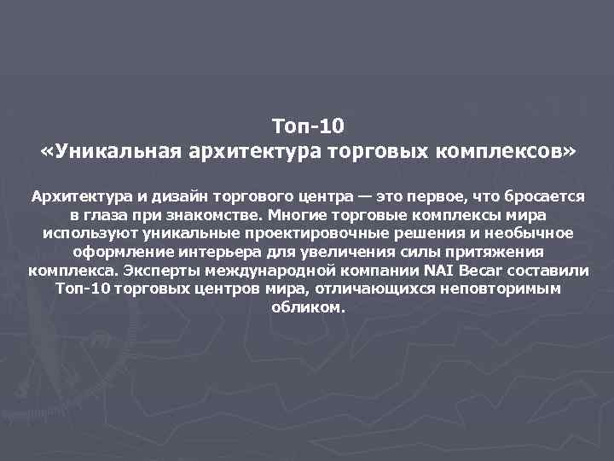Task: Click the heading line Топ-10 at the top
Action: [x=308, y=127]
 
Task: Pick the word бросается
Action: [x=538, y=196]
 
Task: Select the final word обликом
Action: [x=307, y=307]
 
